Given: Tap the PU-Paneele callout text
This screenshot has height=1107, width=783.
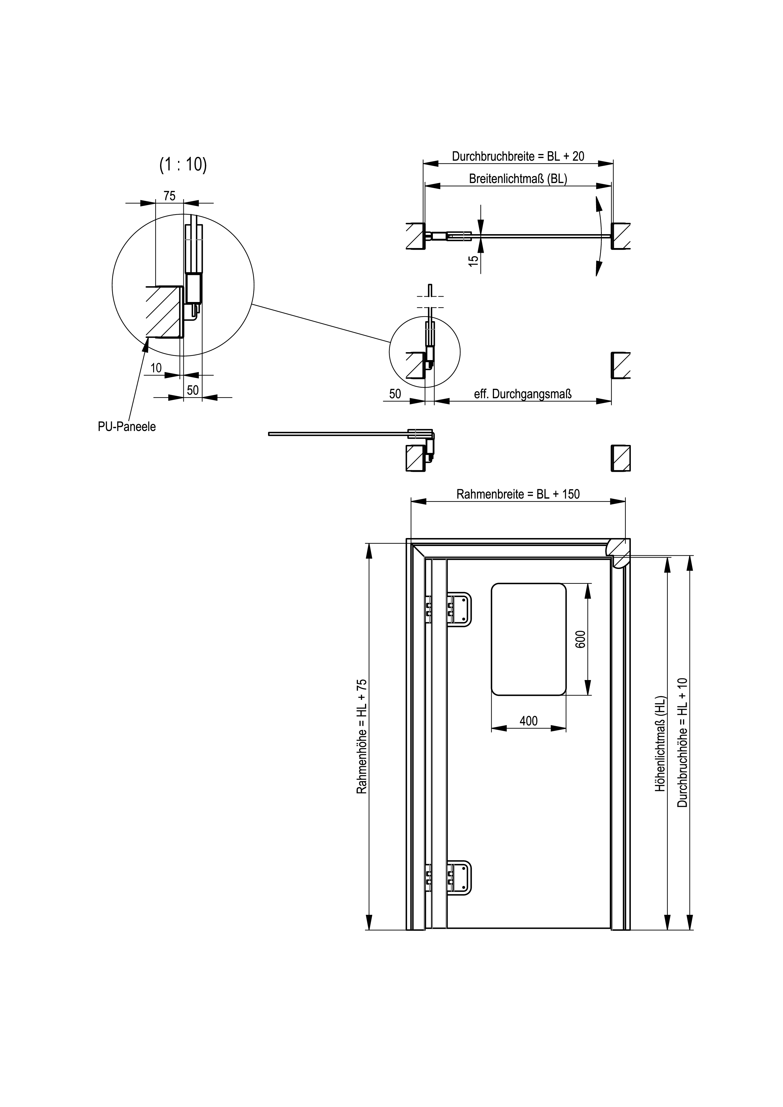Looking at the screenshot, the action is [x=127, y=427].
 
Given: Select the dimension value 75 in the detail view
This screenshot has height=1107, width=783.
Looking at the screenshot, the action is [x=169, y=196].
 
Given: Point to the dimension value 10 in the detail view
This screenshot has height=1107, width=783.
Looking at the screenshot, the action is [x=156, y=368].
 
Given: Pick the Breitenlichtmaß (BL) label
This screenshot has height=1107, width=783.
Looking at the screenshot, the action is [x=518, y=179].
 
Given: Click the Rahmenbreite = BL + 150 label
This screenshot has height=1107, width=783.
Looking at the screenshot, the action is [x=518, y=494].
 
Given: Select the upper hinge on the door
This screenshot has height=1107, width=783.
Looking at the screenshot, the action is [x=448, y=609].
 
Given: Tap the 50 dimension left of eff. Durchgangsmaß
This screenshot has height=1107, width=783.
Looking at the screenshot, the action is [x=395, y=394].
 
